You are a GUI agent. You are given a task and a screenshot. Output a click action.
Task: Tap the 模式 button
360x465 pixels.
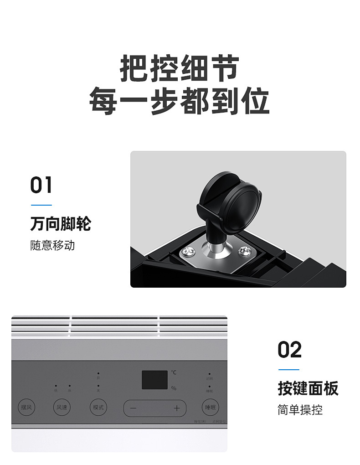[98, 407]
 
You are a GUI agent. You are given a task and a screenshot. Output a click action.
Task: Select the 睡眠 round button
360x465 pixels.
[210, 407]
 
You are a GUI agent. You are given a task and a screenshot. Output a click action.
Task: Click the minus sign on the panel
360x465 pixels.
[133, 408]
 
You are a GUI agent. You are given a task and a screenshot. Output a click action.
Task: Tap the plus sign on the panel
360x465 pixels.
[177, 408]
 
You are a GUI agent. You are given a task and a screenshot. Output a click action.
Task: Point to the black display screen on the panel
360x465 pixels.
[154, 379]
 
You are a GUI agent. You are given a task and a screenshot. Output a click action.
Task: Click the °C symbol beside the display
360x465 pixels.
[174, 372]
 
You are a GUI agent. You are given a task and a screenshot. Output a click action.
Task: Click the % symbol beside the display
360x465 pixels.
[174, 388]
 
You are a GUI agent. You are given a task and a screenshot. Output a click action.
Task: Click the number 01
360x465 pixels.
[41, 186]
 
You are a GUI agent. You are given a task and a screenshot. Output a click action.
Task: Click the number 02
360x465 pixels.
[290, 350]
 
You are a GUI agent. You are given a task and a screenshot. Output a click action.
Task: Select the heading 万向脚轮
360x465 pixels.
[61, 224]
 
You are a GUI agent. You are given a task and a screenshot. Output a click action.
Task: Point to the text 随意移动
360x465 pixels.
[52, 245]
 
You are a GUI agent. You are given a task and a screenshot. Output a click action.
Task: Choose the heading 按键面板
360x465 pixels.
[308, 388]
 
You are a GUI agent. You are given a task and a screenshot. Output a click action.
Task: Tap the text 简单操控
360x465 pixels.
[300, 409]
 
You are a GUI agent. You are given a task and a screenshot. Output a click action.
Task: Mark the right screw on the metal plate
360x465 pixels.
[244, 250]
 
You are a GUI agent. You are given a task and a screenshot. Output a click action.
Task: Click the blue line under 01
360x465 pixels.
[41, 205]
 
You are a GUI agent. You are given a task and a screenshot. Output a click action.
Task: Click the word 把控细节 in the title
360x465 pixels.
[180, 69]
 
